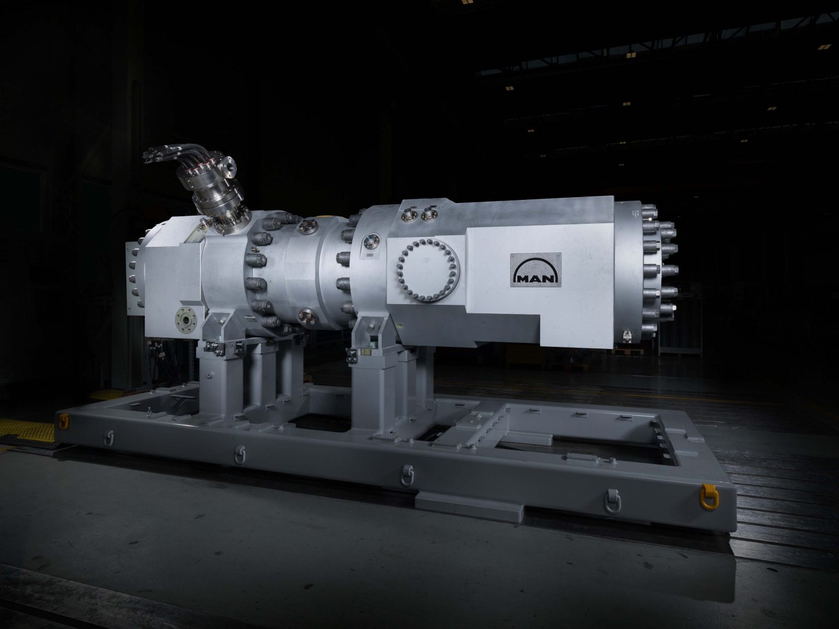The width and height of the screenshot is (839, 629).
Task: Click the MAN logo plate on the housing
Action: coord(535,269)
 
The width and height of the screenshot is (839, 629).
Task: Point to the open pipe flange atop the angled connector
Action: coord(228,166)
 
